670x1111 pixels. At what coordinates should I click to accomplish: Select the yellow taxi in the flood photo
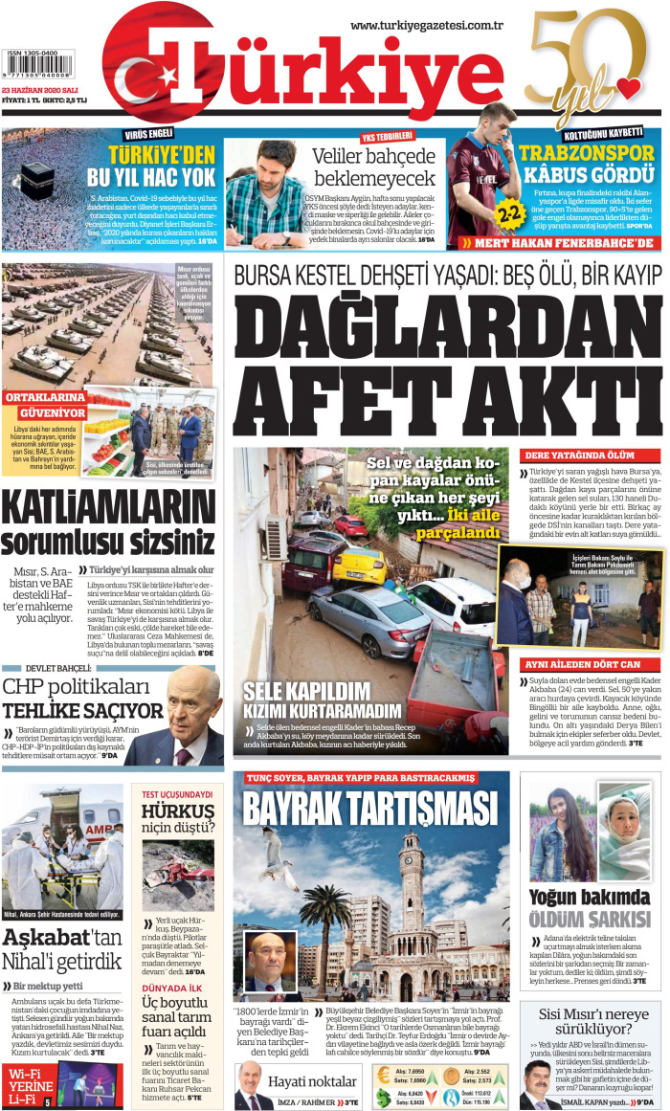[358, 564]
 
